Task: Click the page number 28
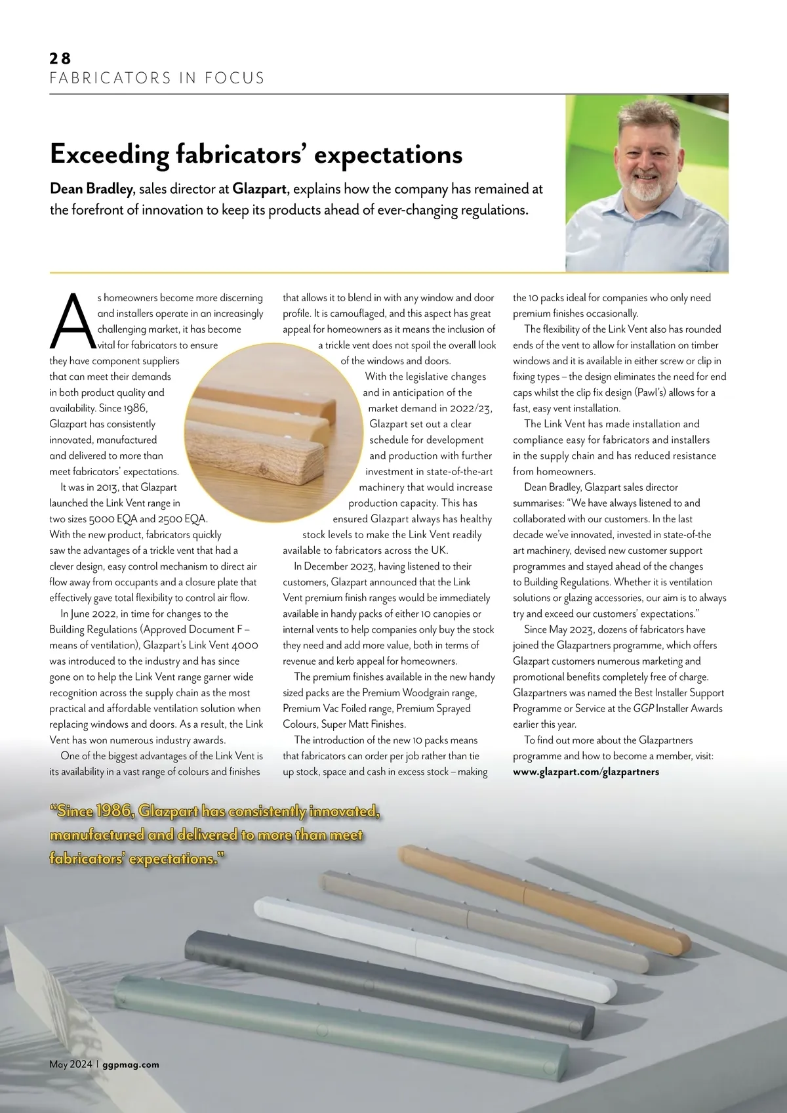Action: click(60, 58)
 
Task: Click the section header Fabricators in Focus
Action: click(157, 78)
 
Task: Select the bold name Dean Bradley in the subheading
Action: click(91, 190)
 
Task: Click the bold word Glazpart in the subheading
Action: click(260, 190)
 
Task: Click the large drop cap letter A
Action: click(71, 321)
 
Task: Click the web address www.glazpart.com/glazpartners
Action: click(586, 772)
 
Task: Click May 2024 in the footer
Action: click(71, 1064)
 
